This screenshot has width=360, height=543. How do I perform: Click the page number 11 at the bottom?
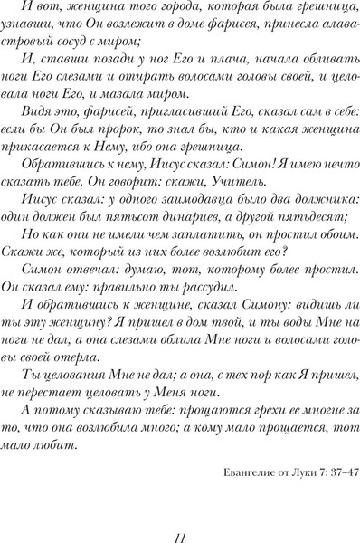tap(181, 537)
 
